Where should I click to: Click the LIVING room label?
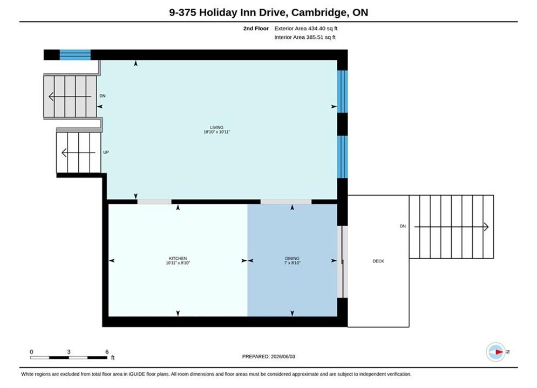click(216, 127)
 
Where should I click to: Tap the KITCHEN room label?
click(178, 259)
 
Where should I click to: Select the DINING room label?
click(292, 259)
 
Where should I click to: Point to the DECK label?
click(378, 261)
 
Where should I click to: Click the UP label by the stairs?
click(106, 153)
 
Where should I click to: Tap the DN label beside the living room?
click(103, 96)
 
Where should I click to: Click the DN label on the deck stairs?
click(403, 226)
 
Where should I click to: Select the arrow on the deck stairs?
click(451, 227)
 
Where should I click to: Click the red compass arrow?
click(499, 352)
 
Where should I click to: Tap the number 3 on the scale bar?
click(69, 352)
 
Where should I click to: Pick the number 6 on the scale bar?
click(107, 352)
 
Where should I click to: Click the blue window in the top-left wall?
click(75, 54)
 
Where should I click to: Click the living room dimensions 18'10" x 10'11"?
click(216, 132)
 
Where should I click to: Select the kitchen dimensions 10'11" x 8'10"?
click(178, 263)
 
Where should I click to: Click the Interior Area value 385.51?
click(315, 37)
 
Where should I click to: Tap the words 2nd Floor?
click(256, 29)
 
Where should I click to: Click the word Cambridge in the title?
click(318, 12)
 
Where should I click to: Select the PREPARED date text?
click(269, 357)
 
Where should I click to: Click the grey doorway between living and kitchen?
click(154, 202)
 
